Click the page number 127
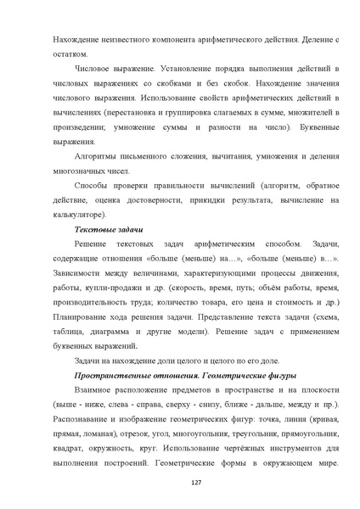click(180, 483)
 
